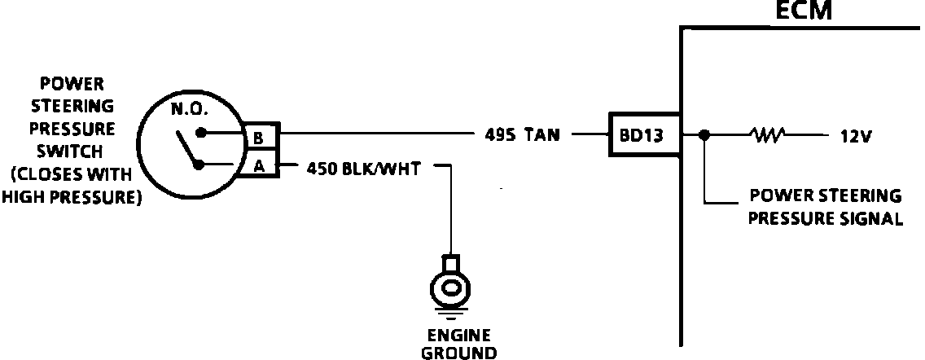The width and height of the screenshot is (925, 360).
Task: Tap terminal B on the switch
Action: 258,138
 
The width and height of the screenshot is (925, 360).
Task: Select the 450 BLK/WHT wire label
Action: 366,169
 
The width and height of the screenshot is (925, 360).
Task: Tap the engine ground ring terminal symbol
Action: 449,286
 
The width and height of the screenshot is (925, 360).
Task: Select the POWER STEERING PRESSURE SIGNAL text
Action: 825,207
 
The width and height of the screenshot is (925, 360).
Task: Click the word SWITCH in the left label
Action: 69,151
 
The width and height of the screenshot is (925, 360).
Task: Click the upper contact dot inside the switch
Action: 200,132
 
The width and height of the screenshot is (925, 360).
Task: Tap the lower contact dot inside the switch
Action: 198,165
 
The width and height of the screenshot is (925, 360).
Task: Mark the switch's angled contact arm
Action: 187,150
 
